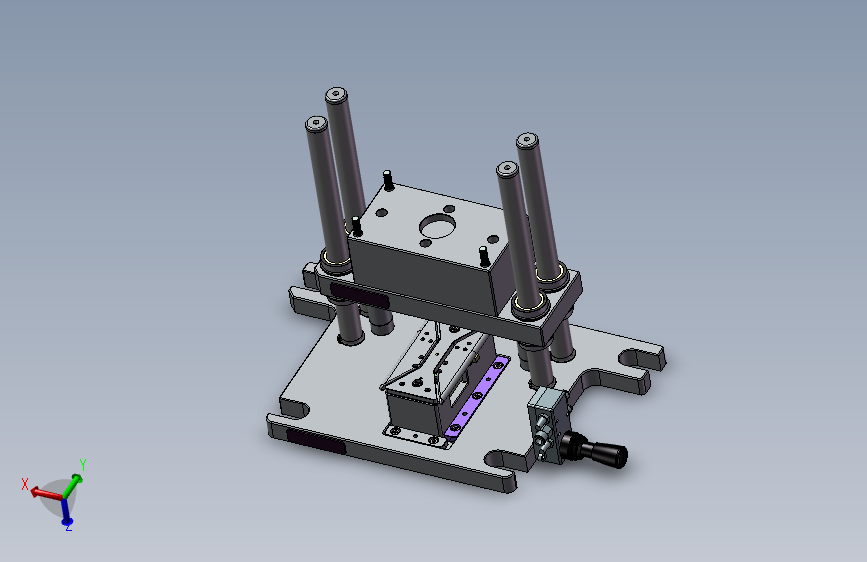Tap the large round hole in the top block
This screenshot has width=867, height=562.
437,226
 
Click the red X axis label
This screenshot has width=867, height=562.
25,485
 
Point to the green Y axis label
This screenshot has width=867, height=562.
82,464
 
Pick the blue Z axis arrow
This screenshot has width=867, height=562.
66,511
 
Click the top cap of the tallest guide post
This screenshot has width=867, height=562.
336,95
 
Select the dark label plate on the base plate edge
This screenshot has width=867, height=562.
316,441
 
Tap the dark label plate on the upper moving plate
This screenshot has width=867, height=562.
359,296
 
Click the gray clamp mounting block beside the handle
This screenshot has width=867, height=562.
547,423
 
